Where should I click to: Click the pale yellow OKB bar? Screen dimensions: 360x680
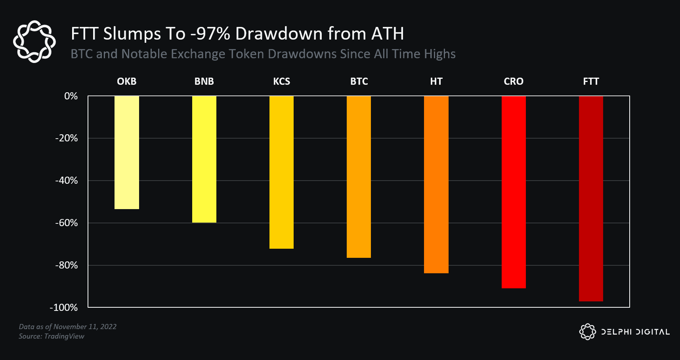127,152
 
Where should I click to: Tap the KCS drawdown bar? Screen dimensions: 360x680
281,172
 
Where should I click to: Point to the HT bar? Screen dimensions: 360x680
436,185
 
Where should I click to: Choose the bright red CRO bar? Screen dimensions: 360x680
514,192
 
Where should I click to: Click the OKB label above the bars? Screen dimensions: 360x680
127,82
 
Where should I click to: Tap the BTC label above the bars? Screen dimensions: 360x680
359,82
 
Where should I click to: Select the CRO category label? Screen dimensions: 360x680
514,82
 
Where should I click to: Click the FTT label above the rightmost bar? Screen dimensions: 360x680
591,82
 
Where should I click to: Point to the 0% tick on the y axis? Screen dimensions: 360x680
71,96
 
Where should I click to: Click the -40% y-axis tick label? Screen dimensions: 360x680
67,181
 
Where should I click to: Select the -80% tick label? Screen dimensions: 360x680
67,265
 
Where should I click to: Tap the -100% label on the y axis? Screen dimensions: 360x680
64,308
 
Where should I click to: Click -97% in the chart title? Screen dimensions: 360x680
210,34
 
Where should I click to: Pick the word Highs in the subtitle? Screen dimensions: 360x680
439,54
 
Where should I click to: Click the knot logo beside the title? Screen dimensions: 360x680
34,42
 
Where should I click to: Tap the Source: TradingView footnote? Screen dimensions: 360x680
52,336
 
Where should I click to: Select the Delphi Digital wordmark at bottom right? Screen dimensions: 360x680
635,332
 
